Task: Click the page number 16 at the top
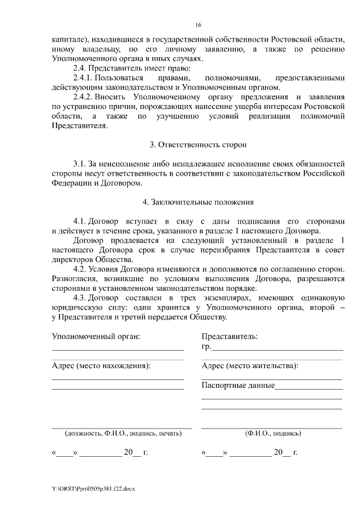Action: click(199, 25)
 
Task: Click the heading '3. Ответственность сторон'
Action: click(198, 145)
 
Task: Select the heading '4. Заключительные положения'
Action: click(198, 202)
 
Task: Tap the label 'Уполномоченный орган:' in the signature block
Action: click(96, 337)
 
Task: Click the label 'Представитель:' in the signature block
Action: click(229, 337)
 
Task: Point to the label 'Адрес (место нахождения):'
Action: click(101, 365)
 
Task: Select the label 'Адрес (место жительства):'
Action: click(250, 365)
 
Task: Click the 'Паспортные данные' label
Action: click(238, 386)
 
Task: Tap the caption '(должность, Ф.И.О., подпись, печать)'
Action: click(123, 434)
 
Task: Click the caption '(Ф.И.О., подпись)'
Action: click(273, 434)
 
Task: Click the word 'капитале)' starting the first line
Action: click(68, 40)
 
